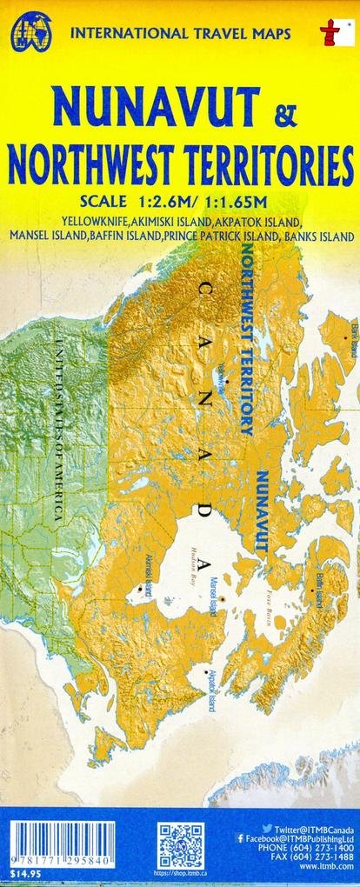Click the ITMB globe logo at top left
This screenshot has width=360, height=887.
tap(31, 32)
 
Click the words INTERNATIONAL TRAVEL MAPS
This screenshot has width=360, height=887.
tap(180, 34)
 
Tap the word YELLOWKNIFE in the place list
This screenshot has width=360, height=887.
tap(96, 221)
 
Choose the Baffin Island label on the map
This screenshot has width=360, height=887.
tap(319, 590)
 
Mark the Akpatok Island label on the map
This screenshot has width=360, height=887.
tap(211, 687)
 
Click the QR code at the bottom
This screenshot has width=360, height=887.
tap(180, 843)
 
